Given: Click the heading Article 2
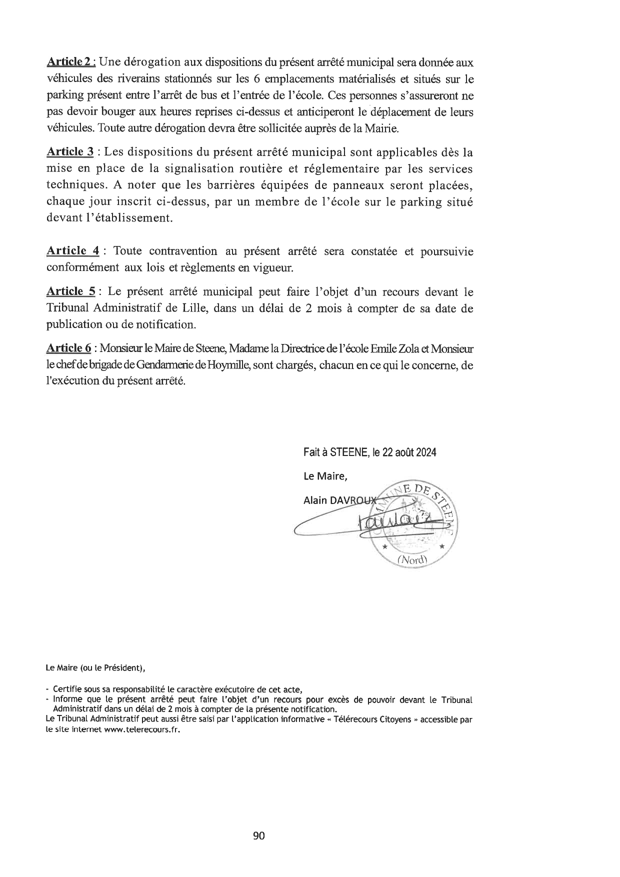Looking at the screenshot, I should (69, 62).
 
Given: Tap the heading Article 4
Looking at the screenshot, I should (72, 251).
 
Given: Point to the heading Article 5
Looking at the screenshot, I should (71, 291).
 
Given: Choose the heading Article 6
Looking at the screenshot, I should (69, 348).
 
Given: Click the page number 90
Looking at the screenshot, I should (259, 836).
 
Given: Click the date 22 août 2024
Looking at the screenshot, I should (409, 452).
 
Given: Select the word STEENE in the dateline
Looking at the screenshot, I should (347, 452).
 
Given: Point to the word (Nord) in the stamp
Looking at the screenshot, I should (413, 560).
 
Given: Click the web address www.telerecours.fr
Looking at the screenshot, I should (142, 729).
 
